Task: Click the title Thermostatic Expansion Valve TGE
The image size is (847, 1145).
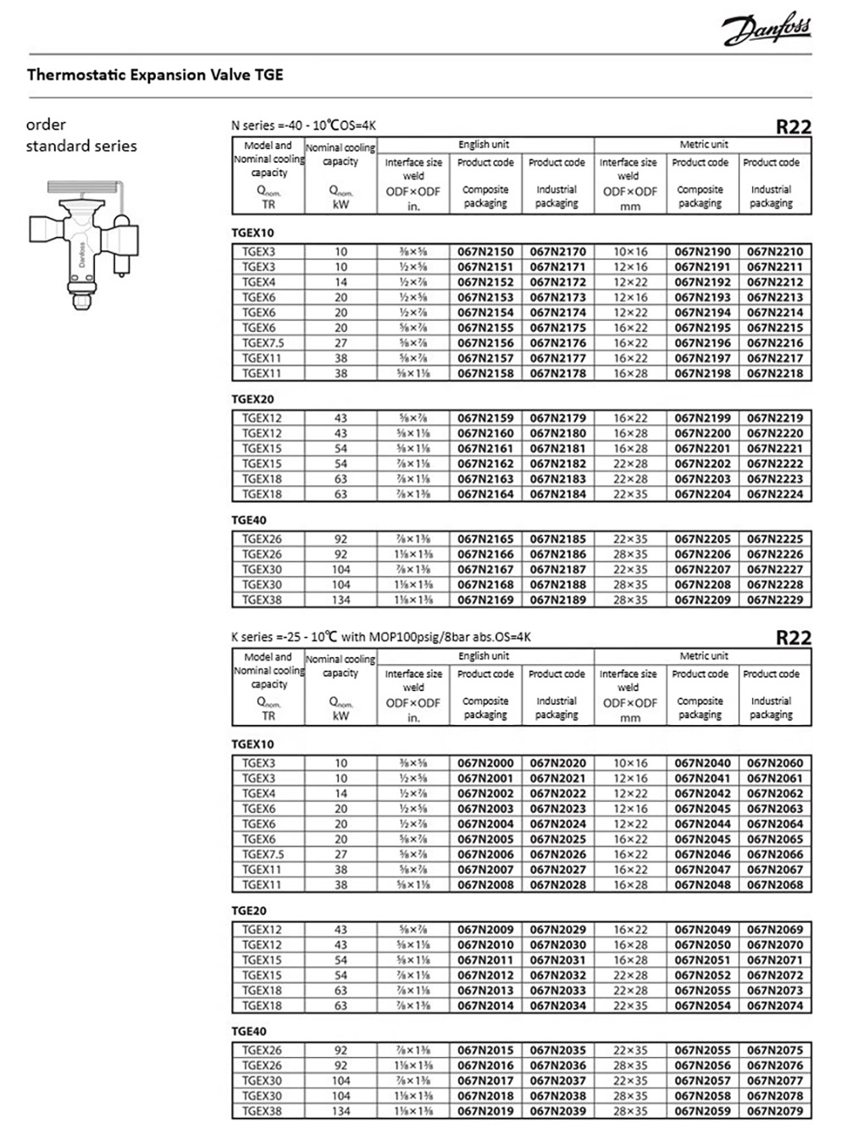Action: coord(155,75)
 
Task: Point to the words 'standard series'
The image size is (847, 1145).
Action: coord(81,146)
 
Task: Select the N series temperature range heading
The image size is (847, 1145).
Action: coord(303,125)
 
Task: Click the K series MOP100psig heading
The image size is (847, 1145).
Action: coord(381,637)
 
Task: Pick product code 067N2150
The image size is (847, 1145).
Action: coord(485,252)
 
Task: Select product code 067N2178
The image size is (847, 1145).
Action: coord(558,373)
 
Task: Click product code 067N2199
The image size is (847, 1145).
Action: coord(702,418)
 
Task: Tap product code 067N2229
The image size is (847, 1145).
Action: coord(775,600)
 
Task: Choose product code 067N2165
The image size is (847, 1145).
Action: coord(485,539)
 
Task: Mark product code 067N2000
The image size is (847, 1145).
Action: coord(485,763)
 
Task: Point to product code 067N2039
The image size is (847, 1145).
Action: coord(558,1111)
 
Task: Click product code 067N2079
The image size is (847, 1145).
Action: coord(775,1111)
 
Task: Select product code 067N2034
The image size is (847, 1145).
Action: coord(558,1005)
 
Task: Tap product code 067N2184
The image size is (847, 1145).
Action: coord(558,494)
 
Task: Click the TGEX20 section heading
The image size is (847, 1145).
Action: coord(253,399)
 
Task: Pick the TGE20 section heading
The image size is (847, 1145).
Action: coord(249,910)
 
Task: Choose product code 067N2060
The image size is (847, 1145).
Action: coord(775,763)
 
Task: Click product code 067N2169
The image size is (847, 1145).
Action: coord(485,600)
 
